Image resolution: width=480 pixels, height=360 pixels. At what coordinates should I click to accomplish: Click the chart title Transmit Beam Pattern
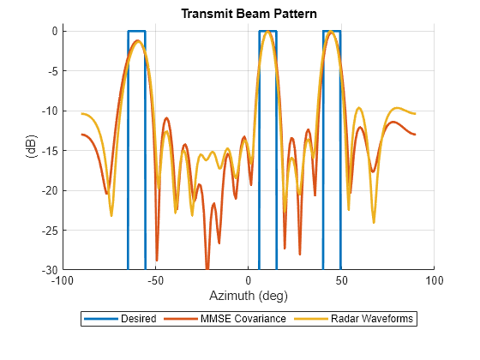(248, 14)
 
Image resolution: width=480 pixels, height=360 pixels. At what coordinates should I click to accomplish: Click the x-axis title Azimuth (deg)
(248, 296)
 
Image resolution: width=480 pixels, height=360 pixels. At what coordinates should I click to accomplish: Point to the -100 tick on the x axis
(63, 279)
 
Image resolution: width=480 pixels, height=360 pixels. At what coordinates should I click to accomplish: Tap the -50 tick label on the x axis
(155, 279)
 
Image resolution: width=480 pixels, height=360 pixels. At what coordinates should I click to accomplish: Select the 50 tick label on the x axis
(340, 279)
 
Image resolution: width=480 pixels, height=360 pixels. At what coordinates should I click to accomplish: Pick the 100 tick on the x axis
(434, 279)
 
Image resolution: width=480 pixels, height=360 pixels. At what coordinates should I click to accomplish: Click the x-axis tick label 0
(248, 279)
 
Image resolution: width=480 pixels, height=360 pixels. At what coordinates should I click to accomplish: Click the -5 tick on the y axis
(52, 71)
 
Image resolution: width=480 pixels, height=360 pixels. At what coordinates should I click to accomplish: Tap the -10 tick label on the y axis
(50, 111)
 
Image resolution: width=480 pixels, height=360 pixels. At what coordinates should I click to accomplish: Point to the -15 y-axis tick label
(50, 150)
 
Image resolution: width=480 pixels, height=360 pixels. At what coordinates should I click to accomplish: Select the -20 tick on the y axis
(50, 190)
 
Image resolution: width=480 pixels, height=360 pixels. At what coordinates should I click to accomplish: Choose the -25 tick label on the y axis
(50, 230)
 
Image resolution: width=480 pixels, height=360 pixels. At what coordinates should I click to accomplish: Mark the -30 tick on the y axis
(50, 269)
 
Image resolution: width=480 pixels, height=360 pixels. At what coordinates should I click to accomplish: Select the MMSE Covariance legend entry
(239, 319)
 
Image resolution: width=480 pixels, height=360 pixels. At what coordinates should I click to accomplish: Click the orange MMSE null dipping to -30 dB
(207, 267)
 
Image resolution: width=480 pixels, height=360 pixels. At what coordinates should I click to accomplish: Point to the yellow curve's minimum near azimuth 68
(374, 221)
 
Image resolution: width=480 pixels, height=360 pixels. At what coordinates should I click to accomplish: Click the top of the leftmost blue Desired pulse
(136, 32)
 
